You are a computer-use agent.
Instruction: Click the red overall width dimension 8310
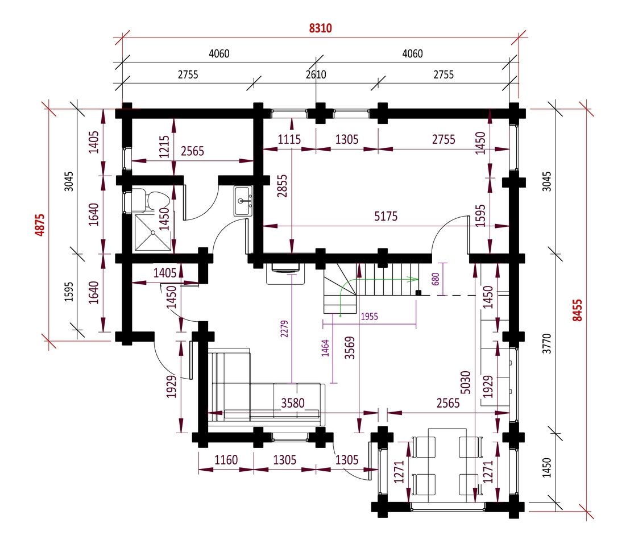tap(320, 28)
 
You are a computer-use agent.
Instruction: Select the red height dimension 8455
tap(577, 310)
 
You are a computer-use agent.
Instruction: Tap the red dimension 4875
tap(40, 225)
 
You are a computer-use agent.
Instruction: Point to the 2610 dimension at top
tap(316, 74)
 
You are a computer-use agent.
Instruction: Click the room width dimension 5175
tap(386, 217)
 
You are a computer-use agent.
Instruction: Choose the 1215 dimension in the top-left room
tap(164, 147)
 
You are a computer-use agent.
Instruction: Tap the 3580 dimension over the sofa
tap(293, 403)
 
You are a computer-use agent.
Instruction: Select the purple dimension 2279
tap(284, 329)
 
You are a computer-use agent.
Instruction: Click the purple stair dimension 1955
tap(369, 316)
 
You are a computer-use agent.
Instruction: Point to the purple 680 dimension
tap(436, 279)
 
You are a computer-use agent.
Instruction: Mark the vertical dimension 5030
tap(465, 383)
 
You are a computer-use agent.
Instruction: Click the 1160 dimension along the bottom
tap(226, 460)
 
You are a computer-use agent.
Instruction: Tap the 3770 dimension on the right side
tap(546, 343)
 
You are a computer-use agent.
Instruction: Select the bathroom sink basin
tap(243, 201)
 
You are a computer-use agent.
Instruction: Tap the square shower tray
tap(152, 233)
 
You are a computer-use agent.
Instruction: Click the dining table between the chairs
tap(447, 465)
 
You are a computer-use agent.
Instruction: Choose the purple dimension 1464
tap(325, 348)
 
